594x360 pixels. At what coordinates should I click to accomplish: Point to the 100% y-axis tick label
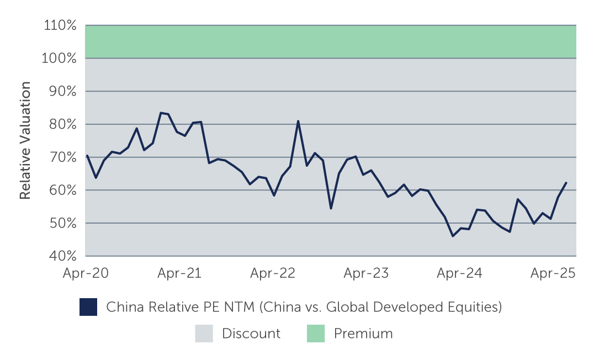(59, 58)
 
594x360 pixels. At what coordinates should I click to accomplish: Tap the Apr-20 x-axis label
(86, 273)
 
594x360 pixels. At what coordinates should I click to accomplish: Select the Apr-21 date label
(179, 273)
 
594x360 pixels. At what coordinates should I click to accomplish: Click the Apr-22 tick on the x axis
(272, 273)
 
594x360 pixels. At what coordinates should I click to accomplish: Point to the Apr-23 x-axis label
(366, 273)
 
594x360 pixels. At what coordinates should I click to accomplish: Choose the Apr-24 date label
(459, 273)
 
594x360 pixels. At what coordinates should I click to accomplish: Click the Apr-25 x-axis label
(553, 273)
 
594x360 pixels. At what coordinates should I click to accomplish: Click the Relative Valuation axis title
(25, 140)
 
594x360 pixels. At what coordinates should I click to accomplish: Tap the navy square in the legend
(88, 307)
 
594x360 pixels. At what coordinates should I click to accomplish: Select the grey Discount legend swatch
(204, 333)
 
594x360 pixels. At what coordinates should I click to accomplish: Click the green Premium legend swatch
(316, 333)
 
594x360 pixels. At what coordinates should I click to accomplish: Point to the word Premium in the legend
(363, 333)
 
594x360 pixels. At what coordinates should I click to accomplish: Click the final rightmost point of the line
(566, 183)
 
